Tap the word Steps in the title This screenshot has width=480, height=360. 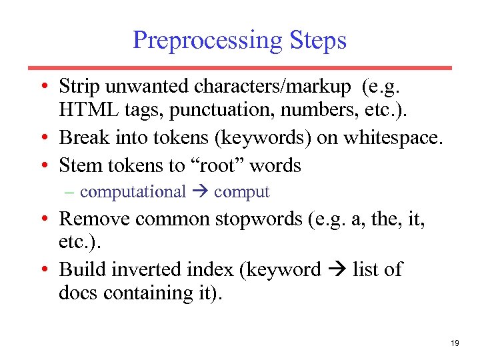318,41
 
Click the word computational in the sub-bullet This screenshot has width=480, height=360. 133,192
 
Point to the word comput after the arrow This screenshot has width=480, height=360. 241,192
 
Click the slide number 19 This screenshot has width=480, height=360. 455,343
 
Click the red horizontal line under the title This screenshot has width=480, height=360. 240,67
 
